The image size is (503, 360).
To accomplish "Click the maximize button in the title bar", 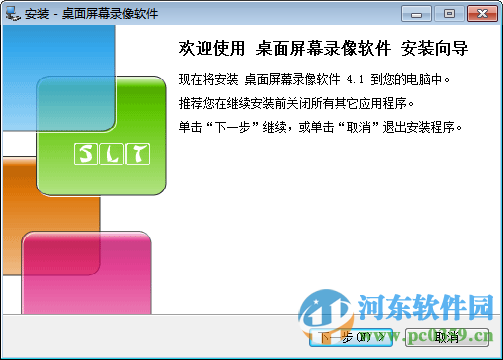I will pos(448,12).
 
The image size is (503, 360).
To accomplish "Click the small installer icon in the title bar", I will pos(13,13).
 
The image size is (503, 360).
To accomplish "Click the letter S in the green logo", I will pos(85,154).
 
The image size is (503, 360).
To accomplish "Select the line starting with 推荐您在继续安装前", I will pos(309,101).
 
